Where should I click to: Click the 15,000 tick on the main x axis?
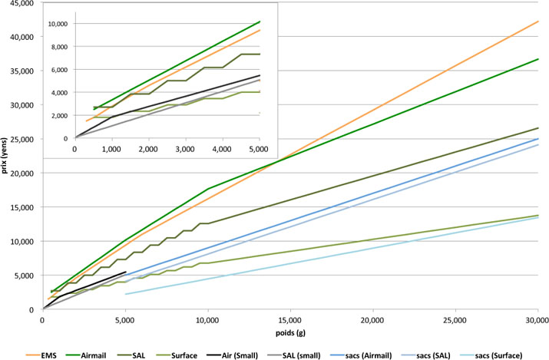(x=289, y=317)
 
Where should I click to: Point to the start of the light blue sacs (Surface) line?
(x=125, y=294)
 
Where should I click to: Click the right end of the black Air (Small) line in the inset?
(x=260, y=75)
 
